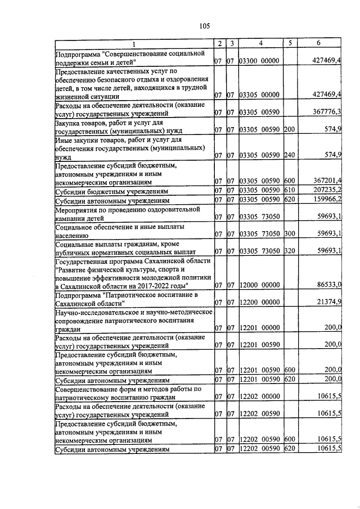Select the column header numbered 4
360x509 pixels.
tap(260, 43)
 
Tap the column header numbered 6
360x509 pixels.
tap(318, 43)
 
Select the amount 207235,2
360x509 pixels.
tap(327, 190)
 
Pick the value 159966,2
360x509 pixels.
tap(327, 200)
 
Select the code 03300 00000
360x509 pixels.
tap(259, 60)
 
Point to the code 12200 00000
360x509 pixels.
tap(259, 302)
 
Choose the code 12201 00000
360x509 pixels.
tap(259, 327)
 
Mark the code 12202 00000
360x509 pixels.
tap(259, 397)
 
